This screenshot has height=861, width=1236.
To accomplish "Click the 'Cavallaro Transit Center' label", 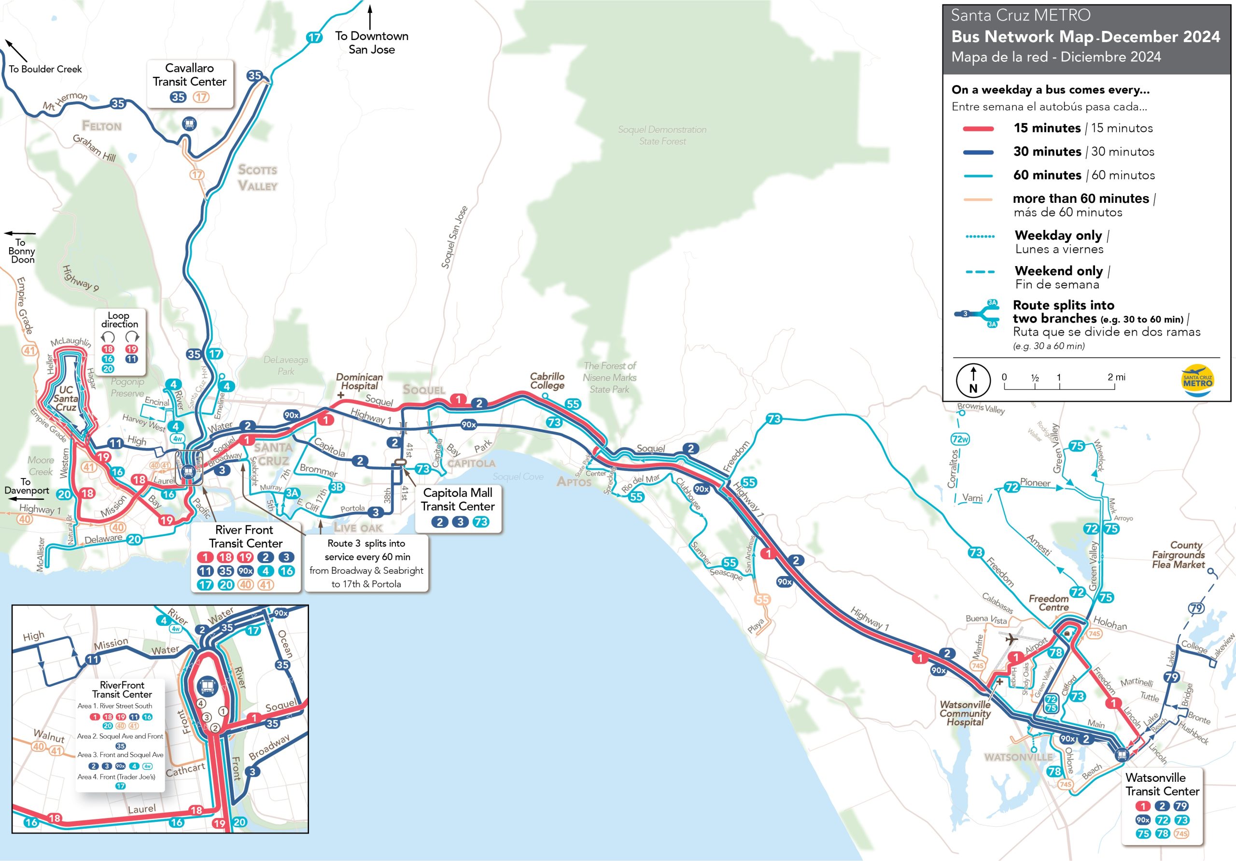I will tap(189, 75).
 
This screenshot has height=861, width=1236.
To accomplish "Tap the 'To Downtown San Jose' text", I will tap(371, 42).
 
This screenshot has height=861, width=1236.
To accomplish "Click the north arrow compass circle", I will tap(973, 381).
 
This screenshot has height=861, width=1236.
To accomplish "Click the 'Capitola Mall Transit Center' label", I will tap(458, 500).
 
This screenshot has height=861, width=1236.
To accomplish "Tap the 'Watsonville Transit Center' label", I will tap(1162, 785).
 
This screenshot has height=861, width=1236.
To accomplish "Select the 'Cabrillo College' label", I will tap(547, 381).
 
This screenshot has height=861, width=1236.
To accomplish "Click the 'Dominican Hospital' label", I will tap(359, 381).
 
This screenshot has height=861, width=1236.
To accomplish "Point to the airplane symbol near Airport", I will tap(1011, 639).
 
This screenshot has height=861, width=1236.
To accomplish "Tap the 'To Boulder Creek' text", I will tap(45, 69).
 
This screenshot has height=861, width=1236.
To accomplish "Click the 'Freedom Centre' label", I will tap(1049, 603).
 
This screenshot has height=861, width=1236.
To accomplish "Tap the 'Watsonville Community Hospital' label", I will tap(965, 713).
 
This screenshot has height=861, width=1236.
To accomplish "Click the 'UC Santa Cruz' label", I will tap(66, 398).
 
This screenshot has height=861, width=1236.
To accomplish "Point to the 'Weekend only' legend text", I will tap(1058, 271).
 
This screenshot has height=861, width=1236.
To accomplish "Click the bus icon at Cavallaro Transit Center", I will tap(188, 124).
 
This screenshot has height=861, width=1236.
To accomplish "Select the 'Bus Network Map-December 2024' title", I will tap(1085, 37).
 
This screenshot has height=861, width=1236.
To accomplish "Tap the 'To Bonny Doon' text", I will tap(22, 251).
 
